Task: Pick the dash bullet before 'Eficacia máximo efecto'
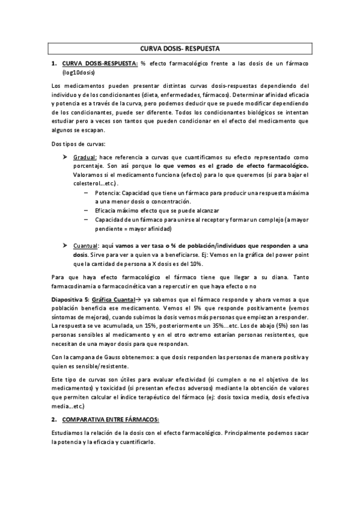[x=88, y=211]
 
